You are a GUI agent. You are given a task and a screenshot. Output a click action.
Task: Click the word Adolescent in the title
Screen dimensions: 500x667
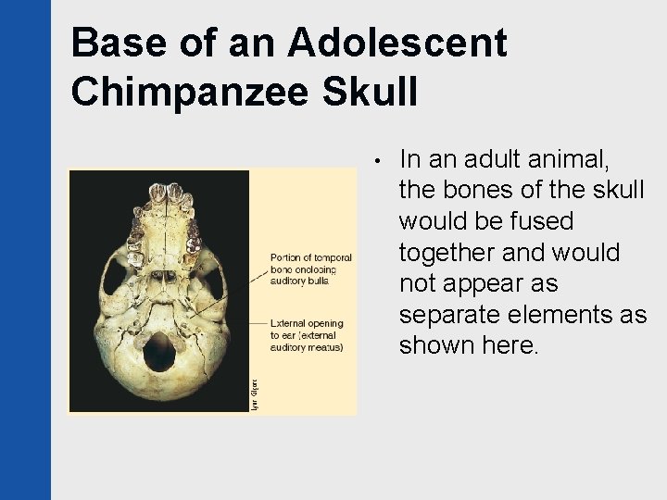coord(399,43)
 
